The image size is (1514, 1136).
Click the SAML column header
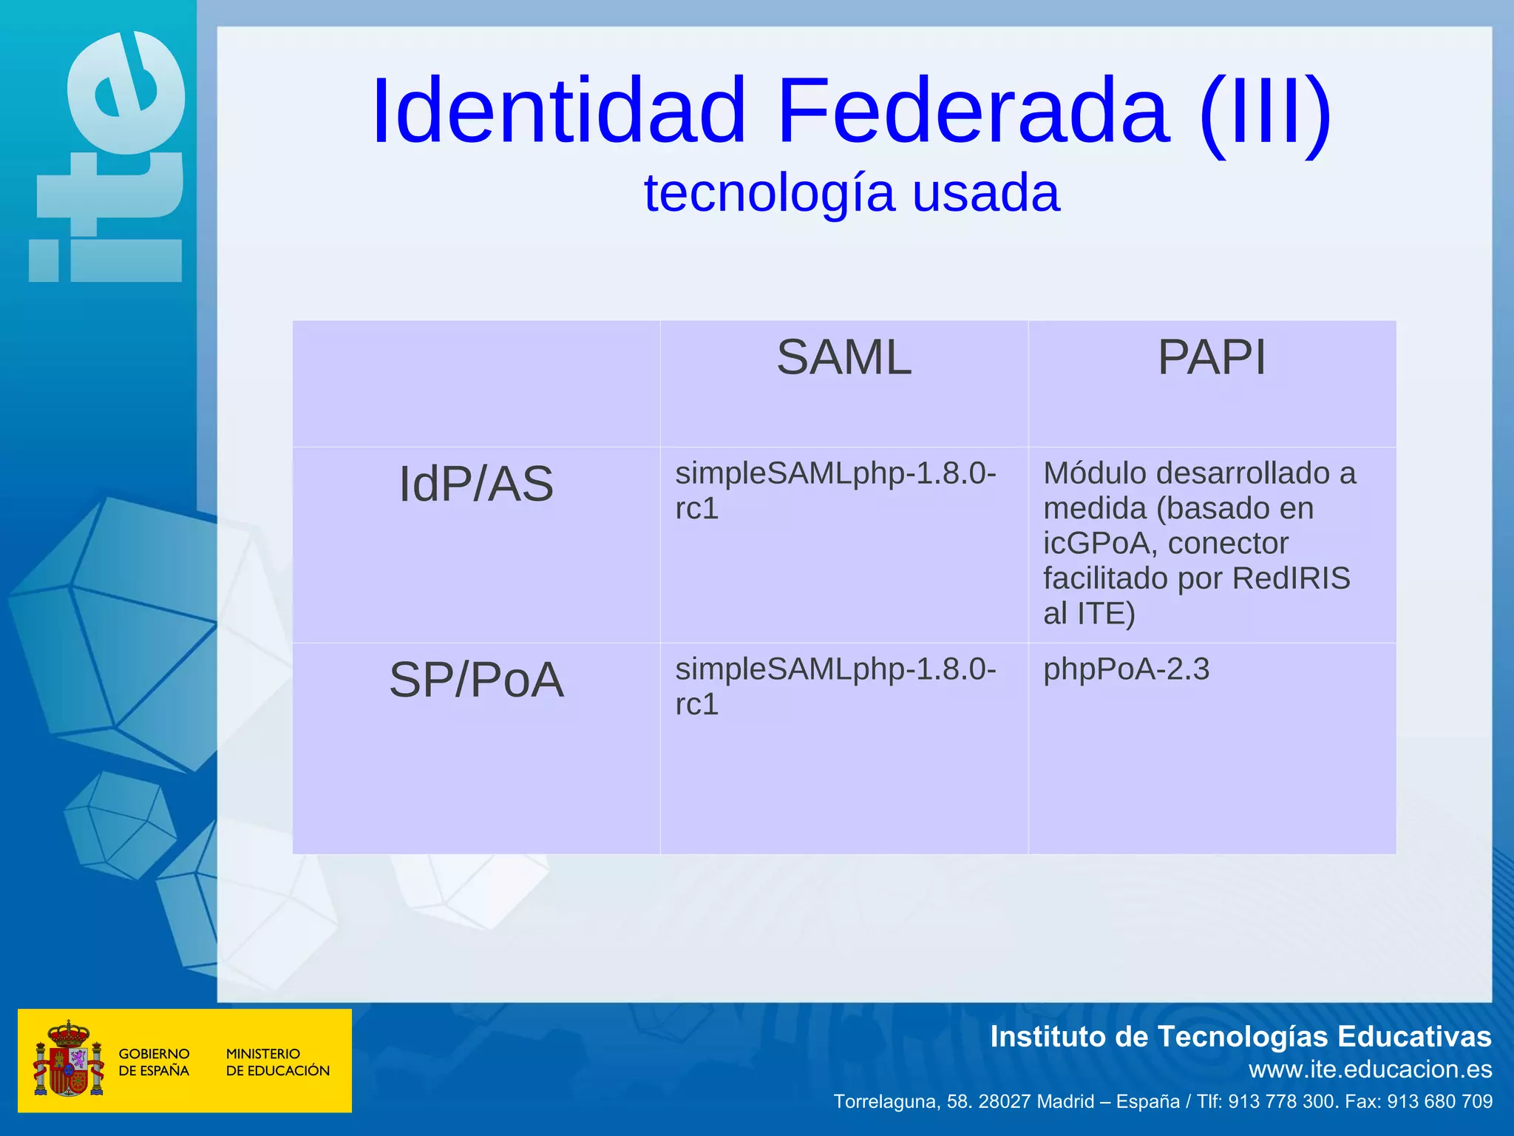(x=843, y=358)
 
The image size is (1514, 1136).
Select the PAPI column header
(x=1211, y=358)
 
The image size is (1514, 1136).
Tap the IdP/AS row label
(x=476, y=484)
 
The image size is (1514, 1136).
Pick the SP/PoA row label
(x=476, y=680)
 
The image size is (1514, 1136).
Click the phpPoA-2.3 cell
(x=1126, y=669)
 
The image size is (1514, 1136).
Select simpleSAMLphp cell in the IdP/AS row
(x=835, y=490)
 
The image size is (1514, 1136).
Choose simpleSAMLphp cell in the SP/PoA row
(x=835, y=686)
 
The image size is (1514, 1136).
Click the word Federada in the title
(x=972, y=111)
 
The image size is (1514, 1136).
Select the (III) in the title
(x=1265, y=111)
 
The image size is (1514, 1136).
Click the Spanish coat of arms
(x=68, y=1060)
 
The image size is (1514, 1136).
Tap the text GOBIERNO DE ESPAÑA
(x=154, y=1062)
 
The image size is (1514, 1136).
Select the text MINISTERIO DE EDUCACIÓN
(x=277, y=1062)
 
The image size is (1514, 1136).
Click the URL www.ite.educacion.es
(x=1370, y=1069)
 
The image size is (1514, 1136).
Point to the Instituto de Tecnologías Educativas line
(x=1240, y=1037)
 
